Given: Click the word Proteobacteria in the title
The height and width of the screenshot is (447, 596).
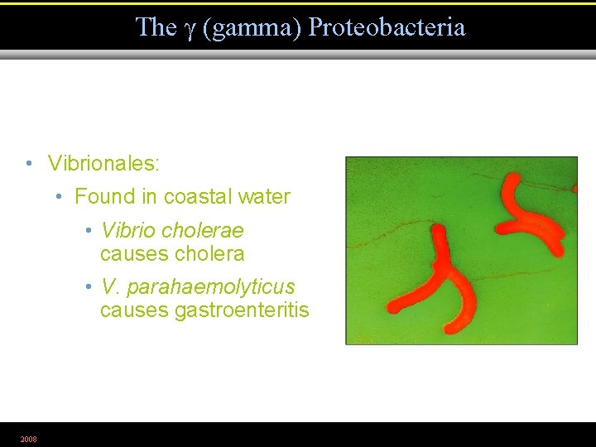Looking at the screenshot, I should [387, 27].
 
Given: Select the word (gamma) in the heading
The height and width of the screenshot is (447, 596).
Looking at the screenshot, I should [252, 28].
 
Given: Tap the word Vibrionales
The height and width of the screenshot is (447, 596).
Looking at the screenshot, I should [103, 163].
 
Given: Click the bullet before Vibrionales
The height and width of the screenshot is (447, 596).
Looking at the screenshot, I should [29, 163].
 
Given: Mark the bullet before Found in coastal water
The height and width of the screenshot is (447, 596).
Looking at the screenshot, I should [60, 197].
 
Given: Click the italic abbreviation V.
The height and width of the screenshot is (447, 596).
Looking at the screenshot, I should [108, 286].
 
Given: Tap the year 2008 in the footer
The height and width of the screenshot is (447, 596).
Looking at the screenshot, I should [29, 439].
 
